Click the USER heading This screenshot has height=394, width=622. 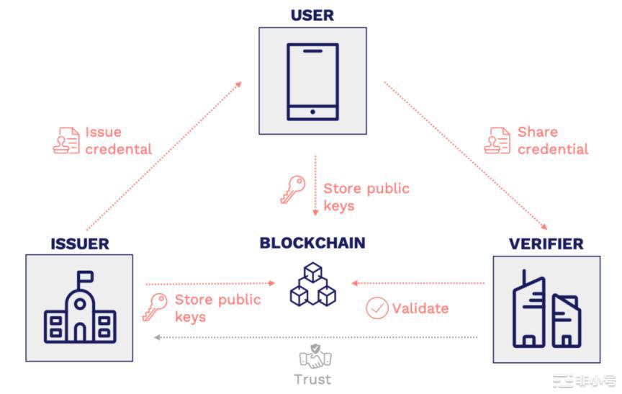312,14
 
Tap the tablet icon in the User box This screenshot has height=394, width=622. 312,81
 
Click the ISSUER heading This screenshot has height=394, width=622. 79,243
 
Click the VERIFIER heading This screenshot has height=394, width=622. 546,243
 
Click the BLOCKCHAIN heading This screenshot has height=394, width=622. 312,243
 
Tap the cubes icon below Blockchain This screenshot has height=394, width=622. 313,285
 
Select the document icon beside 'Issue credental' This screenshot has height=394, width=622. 66,140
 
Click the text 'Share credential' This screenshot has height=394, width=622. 552,140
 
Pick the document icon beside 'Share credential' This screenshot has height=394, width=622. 497,140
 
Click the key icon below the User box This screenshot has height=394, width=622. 292,189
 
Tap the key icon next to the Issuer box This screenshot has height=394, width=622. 155,307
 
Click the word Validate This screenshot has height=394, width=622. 420,308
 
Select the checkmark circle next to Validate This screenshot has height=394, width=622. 377,308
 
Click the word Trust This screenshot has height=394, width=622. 312,379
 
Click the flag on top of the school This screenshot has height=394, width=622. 86,276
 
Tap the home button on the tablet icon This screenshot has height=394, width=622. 312,112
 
